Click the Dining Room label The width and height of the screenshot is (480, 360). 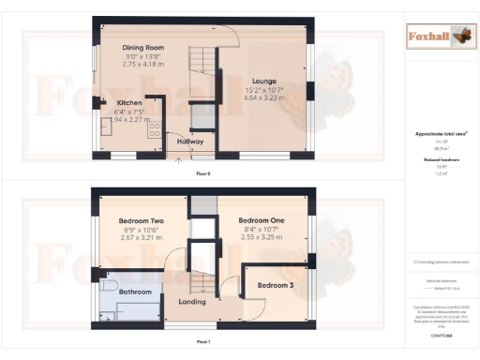tap(143, 47)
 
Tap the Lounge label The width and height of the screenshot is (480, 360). tap(264, 82)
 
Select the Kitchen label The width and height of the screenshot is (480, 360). tap(129, 102)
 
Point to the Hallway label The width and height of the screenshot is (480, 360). tap(190, 142)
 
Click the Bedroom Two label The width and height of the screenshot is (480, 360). tap(143, 220)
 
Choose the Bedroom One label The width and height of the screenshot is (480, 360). tap(261, 220)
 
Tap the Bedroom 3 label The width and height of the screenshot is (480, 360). tap(276, 284)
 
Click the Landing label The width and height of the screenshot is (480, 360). tap(191, 302)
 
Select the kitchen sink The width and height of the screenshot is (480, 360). tap(105, 128)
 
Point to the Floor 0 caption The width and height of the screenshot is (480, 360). tap(202, 174)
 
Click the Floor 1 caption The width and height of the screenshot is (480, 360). tap(202, 343)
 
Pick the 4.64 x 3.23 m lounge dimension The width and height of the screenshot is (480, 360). tap(264, 98)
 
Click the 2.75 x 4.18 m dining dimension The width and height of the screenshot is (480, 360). tap(143, 64)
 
